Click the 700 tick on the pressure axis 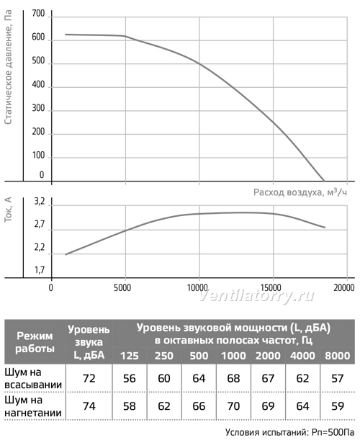point(38,14)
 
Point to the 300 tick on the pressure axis point(38,108)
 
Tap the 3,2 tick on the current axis point(40,202)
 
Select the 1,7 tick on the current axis point(40,269)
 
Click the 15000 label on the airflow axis point(271,287)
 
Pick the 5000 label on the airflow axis point(122,287)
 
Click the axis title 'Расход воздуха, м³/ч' point(300,192)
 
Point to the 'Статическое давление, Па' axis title point(9,67)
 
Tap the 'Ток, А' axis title point(9,210)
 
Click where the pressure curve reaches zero point(324,181)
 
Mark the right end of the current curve point(325,228)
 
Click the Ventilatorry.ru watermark point(256,296)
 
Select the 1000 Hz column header point(233,356)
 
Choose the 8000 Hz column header point(338,356)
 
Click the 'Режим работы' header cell point(35,342)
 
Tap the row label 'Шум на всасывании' point(33,378)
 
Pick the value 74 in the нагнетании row point(89,406)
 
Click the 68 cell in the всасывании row point(233,378)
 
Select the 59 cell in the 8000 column point(338,406)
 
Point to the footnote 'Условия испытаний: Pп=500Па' point(289,432)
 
